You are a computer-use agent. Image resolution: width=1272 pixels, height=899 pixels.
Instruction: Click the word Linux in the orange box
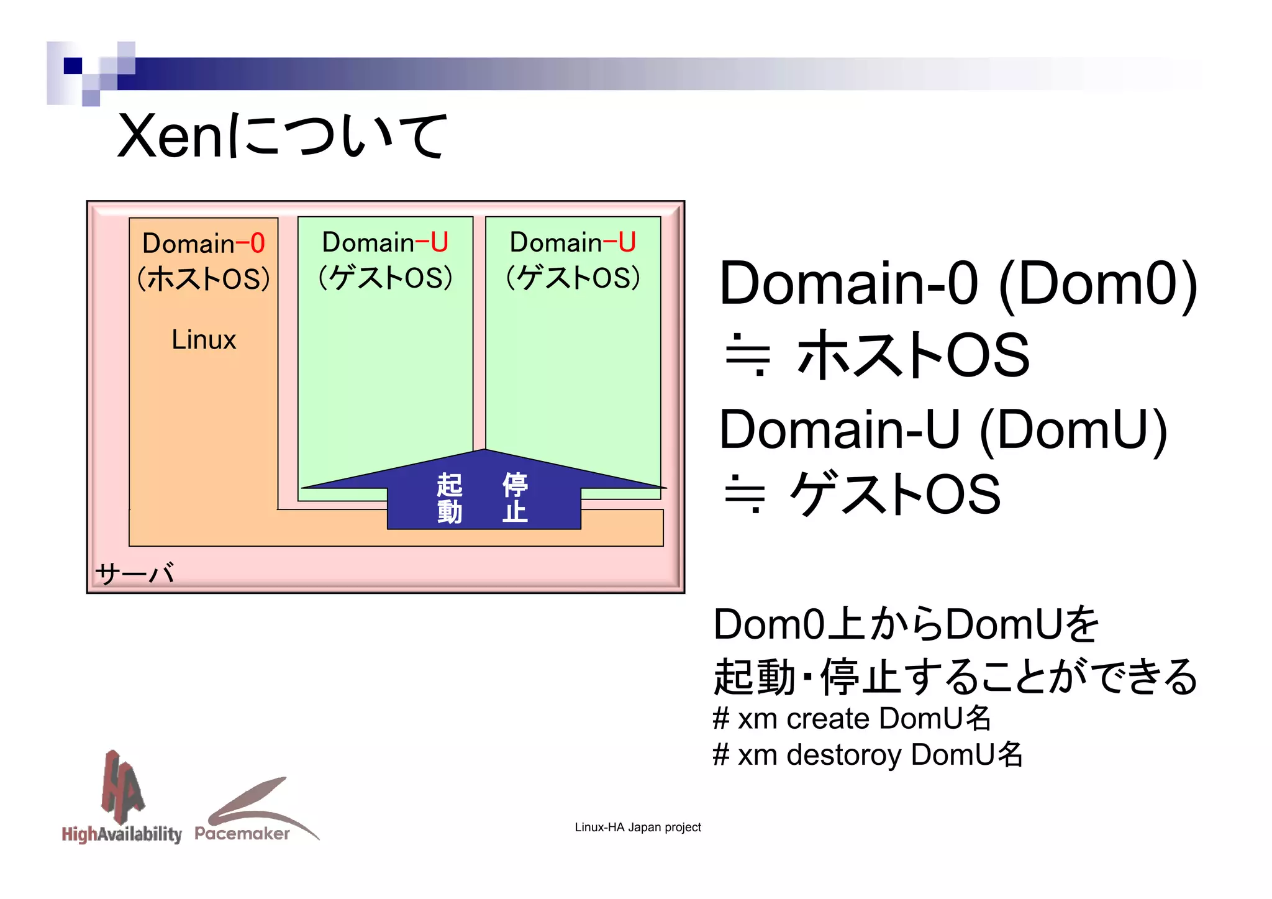[x=204, y=340]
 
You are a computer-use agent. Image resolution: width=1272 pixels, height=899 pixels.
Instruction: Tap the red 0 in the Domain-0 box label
[x=258, y=243]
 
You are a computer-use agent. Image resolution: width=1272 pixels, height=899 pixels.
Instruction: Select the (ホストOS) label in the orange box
[x=204, y=278]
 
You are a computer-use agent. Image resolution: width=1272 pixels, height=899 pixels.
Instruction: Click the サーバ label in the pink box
[x=134, y=573]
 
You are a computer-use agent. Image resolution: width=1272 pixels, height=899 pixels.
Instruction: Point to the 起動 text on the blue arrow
[x=449, y=498]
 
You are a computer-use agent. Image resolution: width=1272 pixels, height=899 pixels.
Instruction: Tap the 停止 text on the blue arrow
[x=515, y=498]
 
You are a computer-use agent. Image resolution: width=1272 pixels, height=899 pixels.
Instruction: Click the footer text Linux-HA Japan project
[x=637, y=828]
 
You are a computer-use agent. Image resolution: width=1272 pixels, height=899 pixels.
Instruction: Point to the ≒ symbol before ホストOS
[x=747, y=355]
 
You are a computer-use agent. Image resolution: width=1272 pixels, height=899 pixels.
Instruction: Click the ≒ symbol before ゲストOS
[x=745, y=494]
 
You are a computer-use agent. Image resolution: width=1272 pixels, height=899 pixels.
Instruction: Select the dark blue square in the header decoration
[x=73, y=65]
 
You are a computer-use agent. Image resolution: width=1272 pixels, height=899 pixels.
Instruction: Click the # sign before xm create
[x=720, y=719]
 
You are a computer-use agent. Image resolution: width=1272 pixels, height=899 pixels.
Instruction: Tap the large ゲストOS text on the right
[x=894, y=494]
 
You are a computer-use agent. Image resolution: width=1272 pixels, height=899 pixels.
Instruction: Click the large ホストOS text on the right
[x=913, y=355]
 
